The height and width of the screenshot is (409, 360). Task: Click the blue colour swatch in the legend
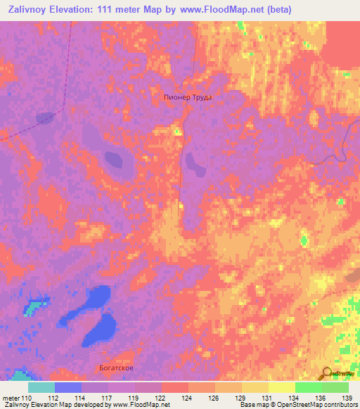click(x=68, y=387)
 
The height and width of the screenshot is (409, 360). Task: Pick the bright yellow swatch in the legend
click(x=282, y=387)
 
